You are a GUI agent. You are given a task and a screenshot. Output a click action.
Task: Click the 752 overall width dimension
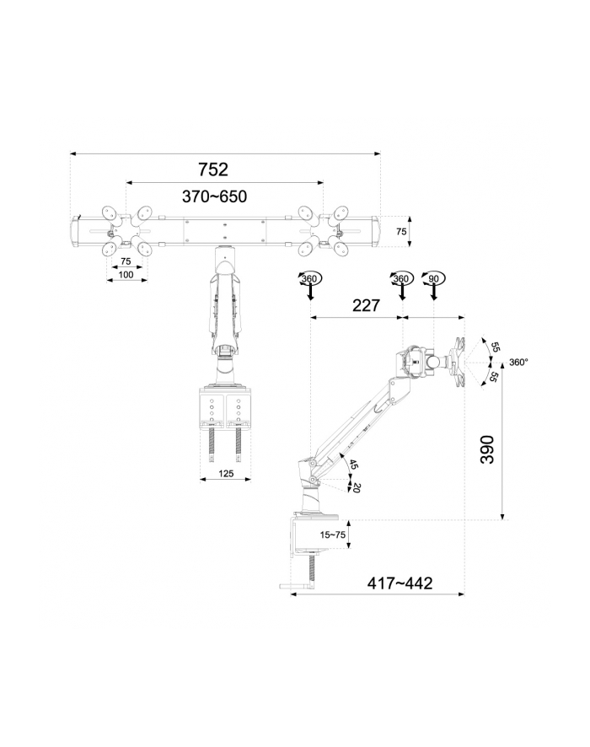click(213, 169)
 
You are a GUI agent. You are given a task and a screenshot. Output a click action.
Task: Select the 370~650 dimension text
click(214, 196)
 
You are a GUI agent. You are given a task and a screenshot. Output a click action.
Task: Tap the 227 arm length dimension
click(366, 305)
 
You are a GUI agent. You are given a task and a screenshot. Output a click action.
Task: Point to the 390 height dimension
click(487, 449)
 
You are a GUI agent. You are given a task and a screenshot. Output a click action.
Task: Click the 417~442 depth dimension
click(400, 583)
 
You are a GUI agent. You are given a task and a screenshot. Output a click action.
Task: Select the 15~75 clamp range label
click(332, 535)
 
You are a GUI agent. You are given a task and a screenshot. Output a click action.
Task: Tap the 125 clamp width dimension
click(226, 473)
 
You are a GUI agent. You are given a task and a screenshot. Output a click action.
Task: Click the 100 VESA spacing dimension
click(126, 274)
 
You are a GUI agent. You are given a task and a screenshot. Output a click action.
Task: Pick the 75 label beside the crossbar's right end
click(401, 231)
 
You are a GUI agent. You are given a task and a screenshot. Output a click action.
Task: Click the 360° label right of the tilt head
click(518, 362)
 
